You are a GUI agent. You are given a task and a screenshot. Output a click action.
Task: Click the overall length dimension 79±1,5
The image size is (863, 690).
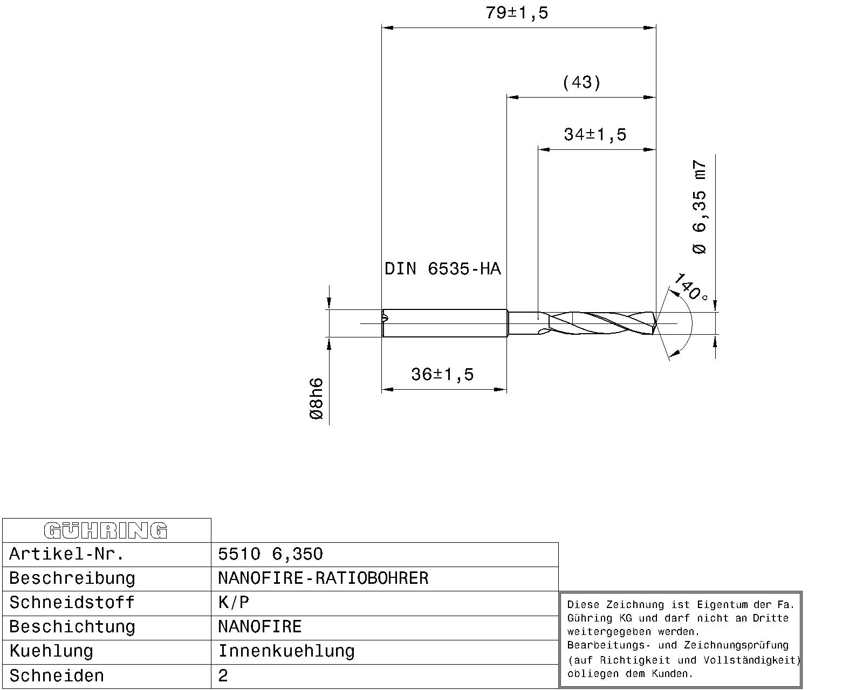pos(516,12)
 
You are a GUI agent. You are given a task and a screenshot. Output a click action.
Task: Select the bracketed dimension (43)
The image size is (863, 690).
pos(581,82)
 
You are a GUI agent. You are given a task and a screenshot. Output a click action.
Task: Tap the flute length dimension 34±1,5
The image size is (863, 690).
pos(595,134)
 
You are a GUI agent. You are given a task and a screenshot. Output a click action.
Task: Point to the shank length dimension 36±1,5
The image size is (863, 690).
pos(442,374)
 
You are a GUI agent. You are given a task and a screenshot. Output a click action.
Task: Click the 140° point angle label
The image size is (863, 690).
pos(690,287)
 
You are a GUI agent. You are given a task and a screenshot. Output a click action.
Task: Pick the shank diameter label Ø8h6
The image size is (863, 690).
pos(316,399)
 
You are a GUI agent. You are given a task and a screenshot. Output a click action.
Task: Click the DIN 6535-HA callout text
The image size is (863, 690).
pos(442,268)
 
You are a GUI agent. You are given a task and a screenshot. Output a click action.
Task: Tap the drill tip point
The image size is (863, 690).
pos(656,323)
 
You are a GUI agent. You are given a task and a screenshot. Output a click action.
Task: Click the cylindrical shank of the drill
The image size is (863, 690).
pos(445,323)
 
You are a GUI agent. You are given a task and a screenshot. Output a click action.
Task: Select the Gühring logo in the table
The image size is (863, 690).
pos(106,530)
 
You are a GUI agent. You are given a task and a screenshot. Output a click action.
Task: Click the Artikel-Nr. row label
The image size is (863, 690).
pos(67,554)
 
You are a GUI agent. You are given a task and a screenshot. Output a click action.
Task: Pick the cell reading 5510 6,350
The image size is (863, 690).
pos(270,554)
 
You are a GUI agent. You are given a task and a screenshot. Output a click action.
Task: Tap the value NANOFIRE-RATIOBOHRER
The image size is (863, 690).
pos(323,578)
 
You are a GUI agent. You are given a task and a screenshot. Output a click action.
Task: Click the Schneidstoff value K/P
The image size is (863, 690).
pos(234,603)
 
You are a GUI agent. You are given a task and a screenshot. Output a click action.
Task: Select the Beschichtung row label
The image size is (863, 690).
pos(72,627)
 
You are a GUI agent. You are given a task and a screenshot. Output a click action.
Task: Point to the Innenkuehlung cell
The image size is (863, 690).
pos(286,651)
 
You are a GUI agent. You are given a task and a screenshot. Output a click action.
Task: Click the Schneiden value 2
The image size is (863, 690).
pos(223,676)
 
